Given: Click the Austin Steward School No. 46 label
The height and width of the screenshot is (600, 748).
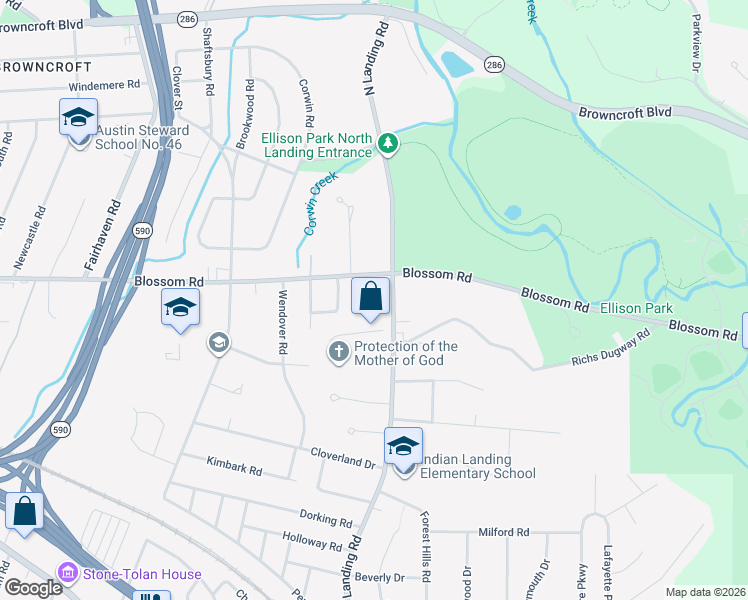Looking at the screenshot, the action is (x=142, y=137).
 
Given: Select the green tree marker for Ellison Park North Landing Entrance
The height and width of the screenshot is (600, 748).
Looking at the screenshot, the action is (x=389, y=146).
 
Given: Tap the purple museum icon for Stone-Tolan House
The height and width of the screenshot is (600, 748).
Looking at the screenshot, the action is (x=68, y=574).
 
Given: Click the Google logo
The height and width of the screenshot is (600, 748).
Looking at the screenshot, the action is (x=33, y=589).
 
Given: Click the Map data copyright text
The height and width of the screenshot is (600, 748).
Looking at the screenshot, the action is (x=704, y=592).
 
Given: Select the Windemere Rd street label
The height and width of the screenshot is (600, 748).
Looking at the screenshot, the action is (x=106, y=86).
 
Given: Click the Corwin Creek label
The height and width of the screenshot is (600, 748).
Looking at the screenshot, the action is (x=322, y=203).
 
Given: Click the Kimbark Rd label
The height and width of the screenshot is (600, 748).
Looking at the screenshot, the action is (x=234, y=467).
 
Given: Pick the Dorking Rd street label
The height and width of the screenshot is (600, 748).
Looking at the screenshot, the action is (x=326, y=520).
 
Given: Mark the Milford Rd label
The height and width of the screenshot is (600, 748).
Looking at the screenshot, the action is (x=503, y=532).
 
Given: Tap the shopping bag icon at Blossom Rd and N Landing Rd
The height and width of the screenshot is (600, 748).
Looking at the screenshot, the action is (x=370, y=296).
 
